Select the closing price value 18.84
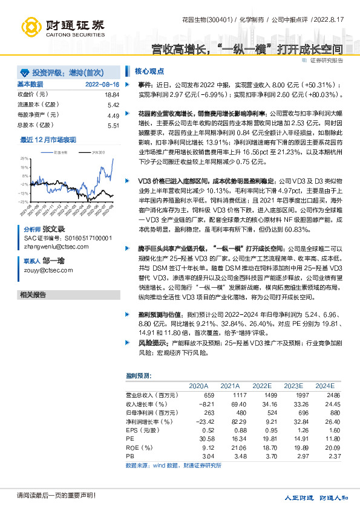[112, 95]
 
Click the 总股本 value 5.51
[113, 125]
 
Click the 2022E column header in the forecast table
[261, 385]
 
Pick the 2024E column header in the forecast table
[324, 385]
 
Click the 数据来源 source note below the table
[173, 465]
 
